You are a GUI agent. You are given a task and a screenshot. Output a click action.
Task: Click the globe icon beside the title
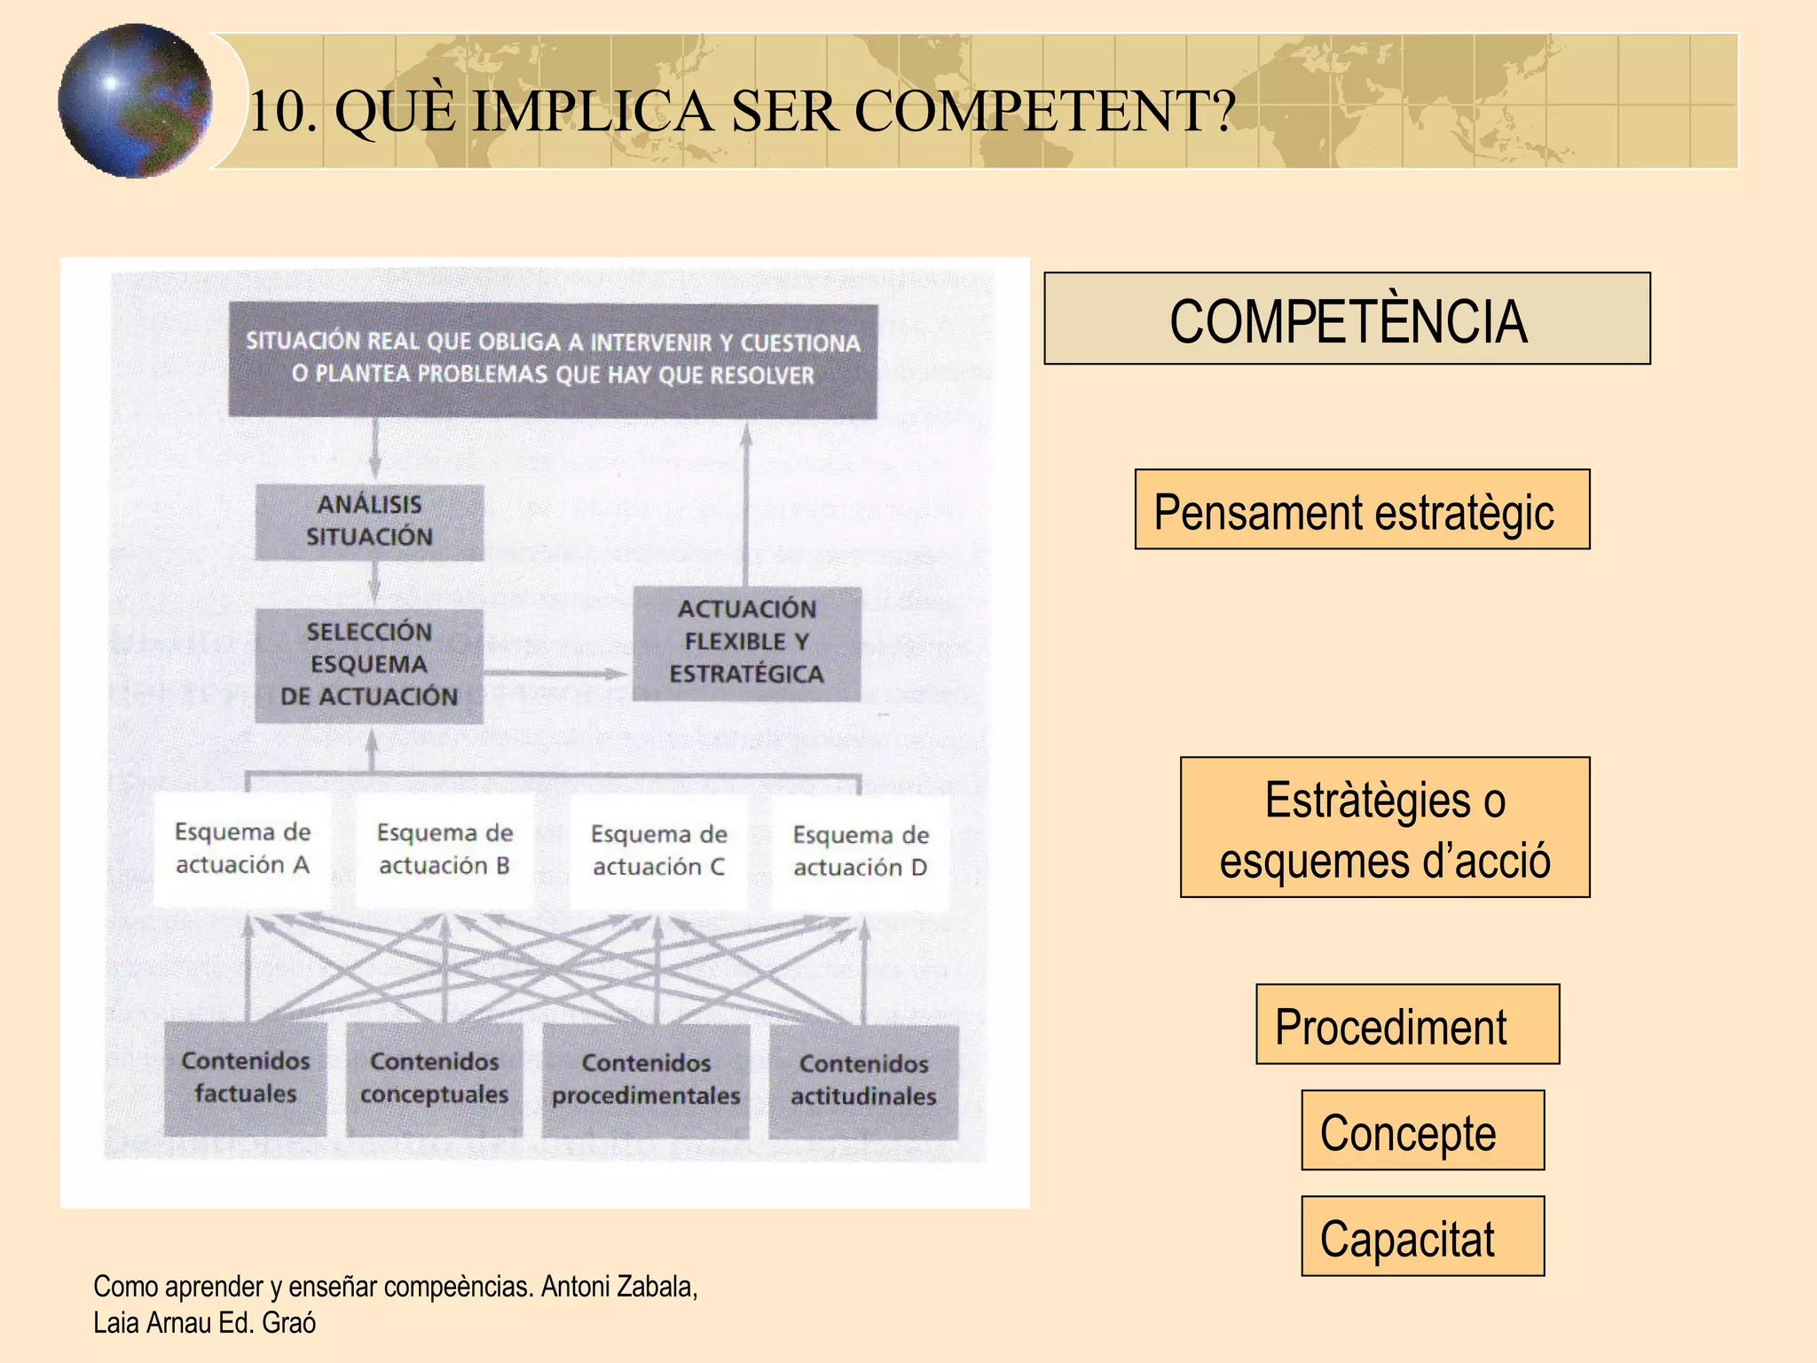[x=135, y=100]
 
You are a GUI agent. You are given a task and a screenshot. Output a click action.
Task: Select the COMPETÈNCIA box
[x=1347, y=319]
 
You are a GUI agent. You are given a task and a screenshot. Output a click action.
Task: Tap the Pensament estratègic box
[x=1362, y=509]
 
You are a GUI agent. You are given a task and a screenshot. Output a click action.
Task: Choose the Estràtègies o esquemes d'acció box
[x=1384, y=827]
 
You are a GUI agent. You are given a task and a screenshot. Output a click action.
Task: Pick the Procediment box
[x=1407, y=1024]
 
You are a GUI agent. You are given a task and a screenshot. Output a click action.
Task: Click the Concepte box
[x=1422, y=1130]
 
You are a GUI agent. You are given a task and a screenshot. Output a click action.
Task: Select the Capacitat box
[x=1422, y=1236]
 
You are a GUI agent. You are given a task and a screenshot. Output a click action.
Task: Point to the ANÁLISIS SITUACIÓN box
[x=369, y=522]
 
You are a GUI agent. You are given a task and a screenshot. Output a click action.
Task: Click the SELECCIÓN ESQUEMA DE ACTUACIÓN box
[x=369, y=665]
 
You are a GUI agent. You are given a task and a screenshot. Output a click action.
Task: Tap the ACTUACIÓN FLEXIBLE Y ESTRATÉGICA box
[x=746, y=642]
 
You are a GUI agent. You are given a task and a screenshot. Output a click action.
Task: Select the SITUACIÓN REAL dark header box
[x=553, y=359]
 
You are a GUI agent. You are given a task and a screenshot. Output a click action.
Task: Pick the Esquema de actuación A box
[x=242, y=849]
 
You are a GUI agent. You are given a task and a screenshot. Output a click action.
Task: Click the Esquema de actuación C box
[x=658, y=851]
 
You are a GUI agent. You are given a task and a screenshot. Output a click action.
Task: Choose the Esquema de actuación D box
[x=860, y=852]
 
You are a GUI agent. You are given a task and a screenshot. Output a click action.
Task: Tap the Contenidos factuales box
[x=245, y=1078]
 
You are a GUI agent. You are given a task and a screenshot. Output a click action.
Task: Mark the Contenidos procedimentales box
[x=646, y=1080]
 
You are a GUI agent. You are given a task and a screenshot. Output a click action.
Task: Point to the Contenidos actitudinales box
[x=863, y=1081]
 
